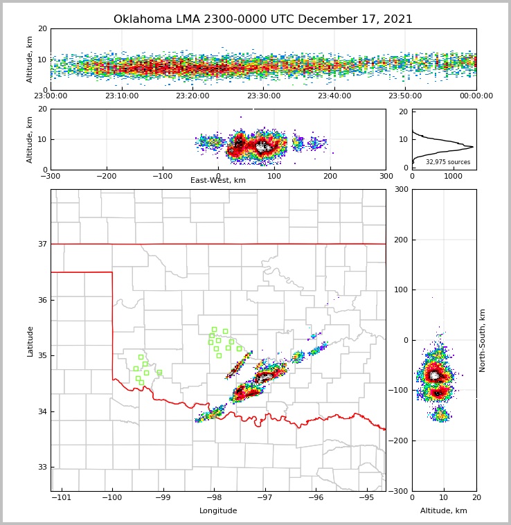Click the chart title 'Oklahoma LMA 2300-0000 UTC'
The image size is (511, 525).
262,19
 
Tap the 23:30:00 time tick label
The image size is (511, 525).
264,96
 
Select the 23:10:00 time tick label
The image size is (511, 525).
121,96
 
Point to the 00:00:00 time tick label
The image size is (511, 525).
476,96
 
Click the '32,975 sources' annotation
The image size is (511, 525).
448,162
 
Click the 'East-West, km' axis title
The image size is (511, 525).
218,181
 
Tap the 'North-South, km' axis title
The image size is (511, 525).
483,340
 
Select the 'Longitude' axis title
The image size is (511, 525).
218,511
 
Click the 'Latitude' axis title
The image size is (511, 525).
30,341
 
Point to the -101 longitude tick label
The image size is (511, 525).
62,498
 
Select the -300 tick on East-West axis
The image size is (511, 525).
51,176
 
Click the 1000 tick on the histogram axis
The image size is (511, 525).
453,176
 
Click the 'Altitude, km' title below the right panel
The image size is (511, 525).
444,511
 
